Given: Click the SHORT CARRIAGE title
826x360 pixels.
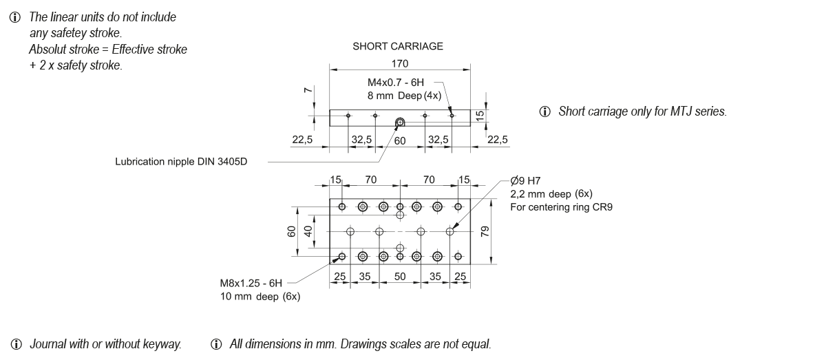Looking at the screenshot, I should click(398, 47).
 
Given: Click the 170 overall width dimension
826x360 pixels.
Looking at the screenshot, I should click(399, 63).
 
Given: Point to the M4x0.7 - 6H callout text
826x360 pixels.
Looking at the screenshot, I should click(395, 83).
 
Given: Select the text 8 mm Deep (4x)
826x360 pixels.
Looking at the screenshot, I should click(404, 96).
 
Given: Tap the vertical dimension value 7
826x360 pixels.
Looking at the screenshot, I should click(309, 90).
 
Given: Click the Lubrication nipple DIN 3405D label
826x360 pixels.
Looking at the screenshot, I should click(180, 163).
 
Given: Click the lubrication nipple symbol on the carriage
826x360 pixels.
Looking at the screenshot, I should click(399, 123).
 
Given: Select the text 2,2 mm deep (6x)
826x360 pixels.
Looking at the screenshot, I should click(551, 193).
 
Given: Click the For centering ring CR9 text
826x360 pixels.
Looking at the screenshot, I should click(560, 207).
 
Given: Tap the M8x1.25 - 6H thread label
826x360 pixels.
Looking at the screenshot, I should click(251, 283).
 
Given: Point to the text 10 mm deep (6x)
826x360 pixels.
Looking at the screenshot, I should click(260, 297).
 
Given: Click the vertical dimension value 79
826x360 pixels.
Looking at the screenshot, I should click(485, 232).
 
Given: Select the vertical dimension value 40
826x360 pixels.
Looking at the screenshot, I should click(308, 232).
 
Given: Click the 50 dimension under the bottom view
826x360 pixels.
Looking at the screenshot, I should click(399, 277).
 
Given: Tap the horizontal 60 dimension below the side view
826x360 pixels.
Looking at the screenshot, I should click(400, 140).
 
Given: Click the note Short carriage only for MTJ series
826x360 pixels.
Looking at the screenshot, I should click(642, 112).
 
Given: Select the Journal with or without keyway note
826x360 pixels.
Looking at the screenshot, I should click(105, 344).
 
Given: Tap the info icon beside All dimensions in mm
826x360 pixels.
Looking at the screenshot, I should click(218, 344).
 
